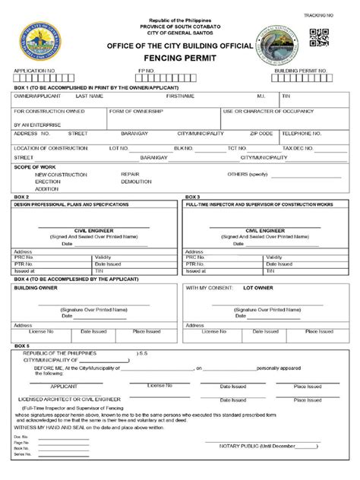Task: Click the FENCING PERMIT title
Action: tap(179, 58)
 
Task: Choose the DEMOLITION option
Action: tap(136, 182)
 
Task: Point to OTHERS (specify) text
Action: tap(248, 174)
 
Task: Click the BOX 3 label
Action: tap(192, 197)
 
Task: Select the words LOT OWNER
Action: tap(259, 288)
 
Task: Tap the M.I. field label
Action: tap(261, 96)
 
